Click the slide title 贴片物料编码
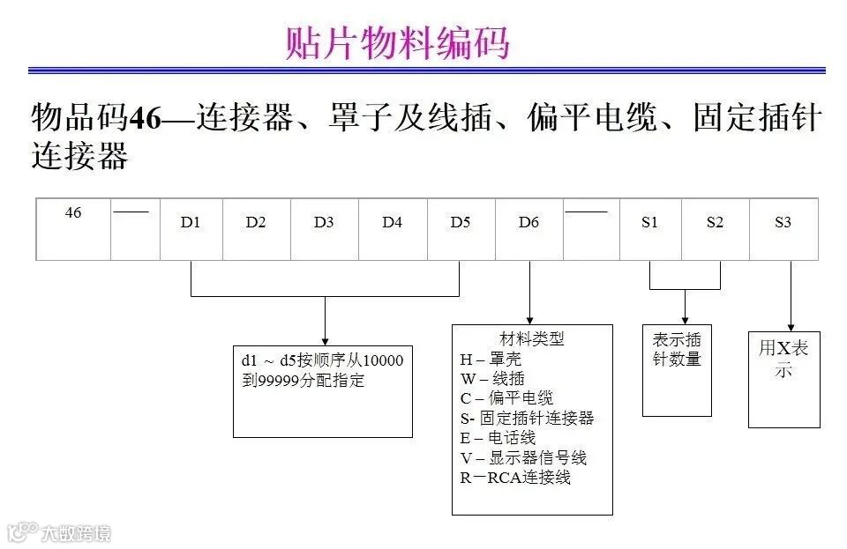click(x=398, y=43)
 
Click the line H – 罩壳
click(x=491, y=360)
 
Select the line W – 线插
click(x=492, y=379)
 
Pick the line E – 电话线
click(x=498, y=438)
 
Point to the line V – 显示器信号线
click(x=523, y=457)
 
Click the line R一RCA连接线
click(x=515, y=478)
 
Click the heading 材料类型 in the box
click(x=532, y=339)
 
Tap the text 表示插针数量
click(x=677, y=349)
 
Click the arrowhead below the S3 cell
click(x=791, y=325)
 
